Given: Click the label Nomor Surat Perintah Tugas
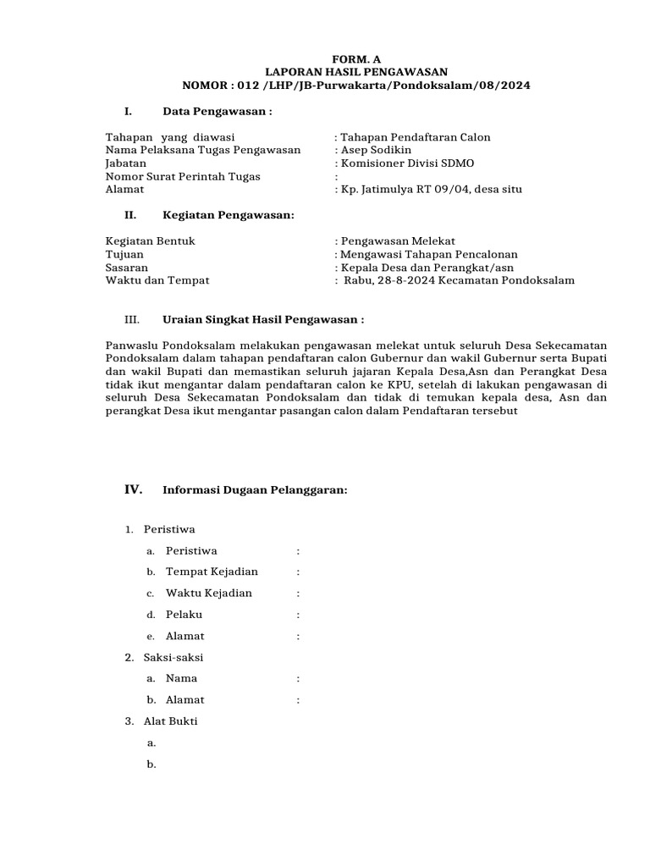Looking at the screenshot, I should (x=183, y=176).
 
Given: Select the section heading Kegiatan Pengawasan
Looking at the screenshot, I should (x=228, y=215).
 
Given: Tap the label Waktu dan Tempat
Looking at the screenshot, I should (x=157, y=280).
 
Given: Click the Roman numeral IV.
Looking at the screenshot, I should (x=132, y=489).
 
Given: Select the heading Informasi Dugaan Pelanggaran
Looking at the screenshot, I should (x=255, y=490).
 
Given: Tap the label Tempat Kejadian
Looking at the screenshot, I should (x=212, y=572).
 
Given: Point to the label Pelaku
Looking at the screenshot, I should (x=184, y=615).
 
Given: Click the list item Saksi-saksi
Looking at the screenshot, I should (x=174, y=657).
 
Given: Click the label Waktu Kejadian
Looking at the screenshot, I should (x=209, y=594).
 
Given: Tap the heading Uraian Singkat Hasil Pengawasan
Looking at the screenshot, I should (x=263, y=319).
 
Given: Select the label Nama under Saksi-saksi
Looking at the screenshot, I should (x=182, y=678).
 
